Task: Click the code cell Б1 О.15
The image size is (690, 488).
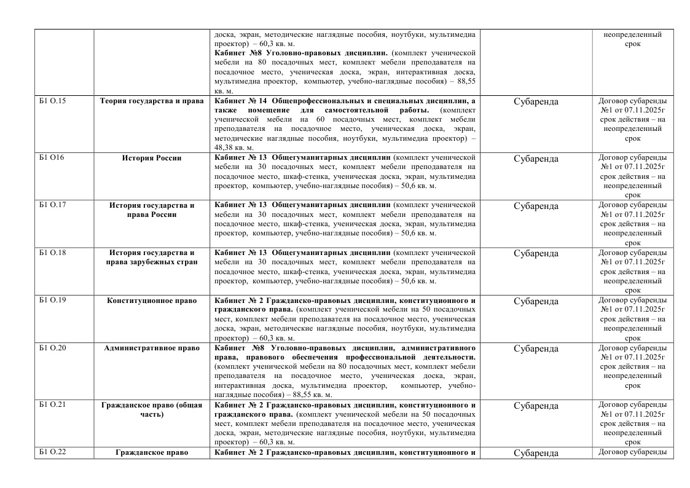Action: (52, 101)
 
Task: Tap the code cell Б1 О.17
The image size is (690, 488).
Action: (52, 205)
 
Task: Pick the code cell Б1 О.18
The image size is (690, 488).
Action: (52, 253)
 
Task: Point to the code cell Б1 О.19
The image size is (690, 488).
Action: (52, 301)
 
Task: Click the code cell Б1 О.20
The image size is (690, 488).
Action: (52, 348)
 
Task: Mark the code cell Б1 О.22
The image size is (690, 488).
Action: (52, 453)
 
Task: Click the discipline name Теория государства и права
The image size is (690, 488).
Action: (152, 101)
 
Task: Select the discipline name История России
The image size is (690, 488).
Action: (152, 158)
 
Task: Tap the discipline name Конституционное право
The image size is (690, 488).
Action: (152, 301)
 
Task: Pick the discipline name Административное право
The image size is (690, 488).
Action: (152, 348)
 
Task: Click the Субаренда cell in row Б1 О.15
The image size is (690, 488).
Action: (536, 101)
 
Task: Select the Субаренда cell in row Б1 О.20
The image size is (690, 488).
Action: (536, 348)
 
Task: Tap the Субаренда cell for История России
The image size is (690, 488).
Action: (536, 159)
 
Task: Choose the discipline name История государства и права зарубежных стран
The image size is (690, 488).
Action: (152, 258)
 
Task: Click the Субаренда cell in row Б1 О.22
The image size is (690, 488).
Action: (536, 454)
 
